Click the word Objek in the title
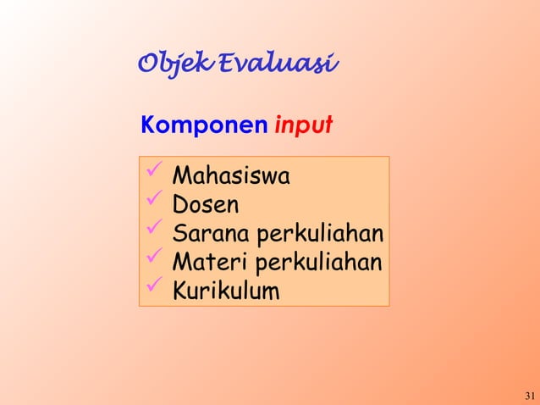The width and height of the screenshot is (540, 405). click(174, 64)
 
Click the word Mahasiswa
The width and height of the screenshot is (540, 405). click(230, 177)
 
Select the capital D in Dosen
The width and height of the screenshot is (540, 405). click(179, 205)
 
